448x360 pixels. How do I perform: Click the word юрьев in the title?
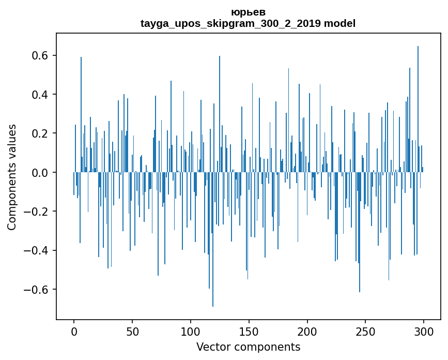click(248, 12)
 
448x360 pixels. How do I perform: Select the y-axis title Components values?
click(12, 177)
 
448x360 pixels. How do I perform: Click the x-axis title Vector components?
click(248, 347)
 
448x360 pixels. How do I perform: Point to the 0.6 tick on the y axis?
click(42, 55)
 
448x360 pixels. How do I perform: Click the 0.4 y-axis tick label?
click(42, 95)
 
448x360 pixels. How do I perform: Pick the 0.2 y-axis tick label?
click(42, 133)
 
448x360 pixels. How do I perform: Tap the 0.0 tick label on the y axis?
click(42, 172)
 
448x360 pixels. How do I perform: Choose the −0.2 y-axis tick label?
click(38, 212)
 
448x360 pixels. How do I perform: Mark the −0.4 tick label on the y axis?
click(38, 250)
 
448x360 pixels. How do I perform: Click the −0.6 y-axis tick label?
click(38, 289)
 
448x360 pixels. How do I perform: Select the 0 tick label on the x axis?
click(74, 331)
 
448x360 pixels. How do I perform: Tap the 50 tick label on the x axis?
click(132, 331)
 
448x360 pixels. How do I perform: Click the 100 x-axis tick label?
click(191, 331)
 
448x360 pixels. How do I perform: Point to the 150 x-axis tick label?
click(249, 331)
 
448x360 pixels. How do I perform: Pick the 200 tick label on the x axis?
click(307, 331)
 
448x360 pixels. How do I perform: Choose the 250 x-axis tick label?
click(366, 331)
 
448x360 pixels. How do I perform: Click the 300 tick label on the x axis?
click(424, 331)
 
